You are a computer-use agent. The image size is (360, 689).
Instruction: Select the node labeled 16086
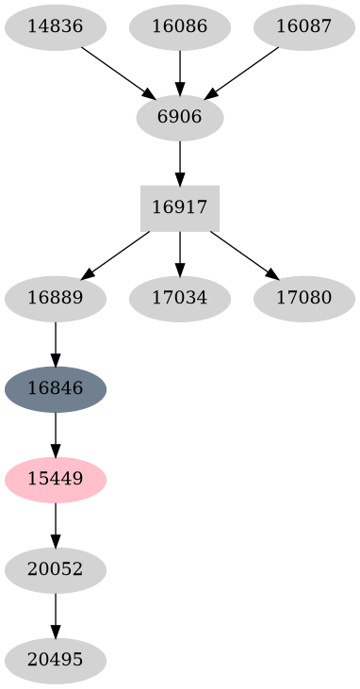(x=180, y=26)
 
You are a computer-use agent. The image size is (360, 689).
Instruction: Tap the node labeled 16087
(x=304, y=26)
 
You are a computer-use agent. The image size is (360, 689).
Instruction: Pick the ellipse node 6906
(x=180, y=118)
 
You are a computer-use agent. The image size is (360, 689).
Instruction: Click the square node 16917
(x=180, y=208)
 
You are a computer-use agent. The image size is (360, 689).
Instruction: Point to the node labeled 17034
(x=180, y=299)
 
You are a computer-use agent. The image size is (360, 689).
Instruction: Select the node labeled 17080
(x=304, y=299)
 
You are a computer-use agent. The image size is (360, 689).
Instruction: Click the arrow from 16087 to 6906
(x=242, y=72)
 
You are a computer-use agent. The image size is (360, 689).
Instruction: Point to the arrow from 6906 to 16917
(x=180, y=162)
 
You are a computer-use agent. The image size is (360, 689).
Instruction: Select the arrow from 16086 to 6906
(x=180, y=72)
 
